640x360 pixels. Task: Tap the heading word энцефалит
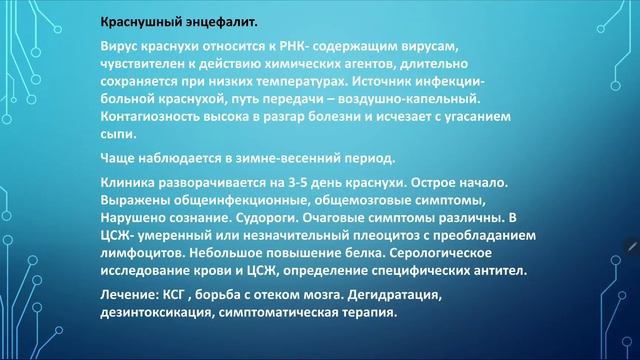(220, 22)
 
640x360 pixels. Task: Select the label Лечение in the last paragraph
(131, 296)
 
